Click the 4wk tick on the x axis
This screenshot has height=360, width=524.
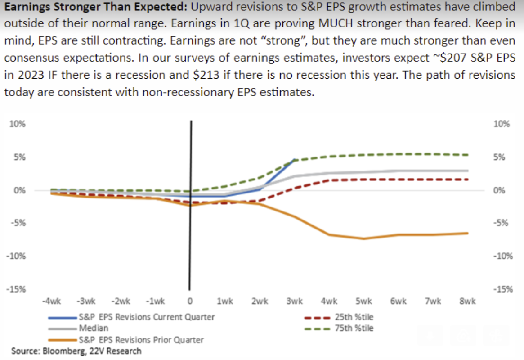point(329,301)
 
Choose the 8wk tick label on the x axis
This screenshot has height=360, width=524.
point(468,301)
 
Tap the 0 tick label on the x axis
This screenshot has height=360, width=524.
point(190,301)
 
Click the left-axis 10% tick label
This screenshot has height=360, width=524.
point(18,124)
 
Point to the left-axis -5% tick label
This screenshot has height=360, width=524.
point(18,223)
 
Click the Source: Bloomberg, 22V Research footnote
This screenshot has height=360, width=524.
point(76,351)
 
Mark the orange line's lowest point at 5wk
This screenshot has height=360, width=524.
point(364,238)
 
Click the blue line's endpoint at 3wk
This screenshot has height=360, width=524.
point(294,160)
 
